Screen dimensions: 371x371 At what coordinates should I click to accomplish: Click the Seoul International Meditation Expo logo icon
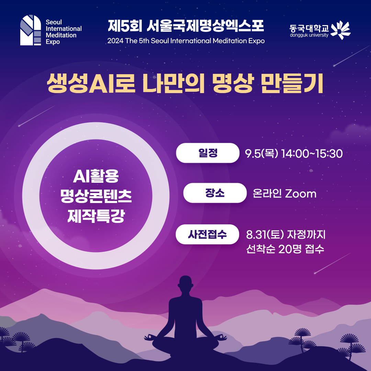[x=31, y=30]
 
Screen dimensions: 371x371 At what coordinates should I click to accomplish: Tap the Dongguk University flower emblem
[x=340, y=30]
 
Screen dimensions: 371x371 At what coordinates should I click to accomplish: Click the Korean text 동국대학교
[x=309, y=29]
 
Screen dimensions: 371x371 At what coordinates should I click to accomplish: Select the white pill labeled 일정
[x=207, y=153]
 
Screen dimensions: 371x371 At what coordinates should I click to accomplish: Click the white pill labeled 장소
[x=215, y=193]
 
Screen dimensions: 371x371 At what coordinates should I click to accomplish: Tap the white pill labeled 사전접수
[x=207, y=234]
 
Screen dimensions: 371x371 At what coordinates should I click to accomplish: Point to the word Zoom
[x=301, y=193]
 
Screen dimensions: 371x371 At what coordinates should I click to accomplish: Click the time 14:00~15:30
[x=312, y=154]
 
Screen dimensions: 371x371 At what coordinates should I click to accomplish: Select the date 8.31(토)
[x=265, y=235]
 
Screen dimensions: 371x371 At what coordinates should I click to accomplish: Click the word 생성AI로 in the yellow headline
[x=91, y=83]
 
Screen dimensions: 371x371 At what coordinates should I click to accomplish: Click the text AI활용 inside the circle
[x=96, y=176]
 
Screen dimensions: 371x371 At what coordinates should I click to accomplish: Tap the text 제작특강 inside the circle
[x=96, y=216]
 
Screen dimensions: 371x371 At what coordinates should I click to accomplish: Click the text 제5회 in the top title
[x=125, y=25]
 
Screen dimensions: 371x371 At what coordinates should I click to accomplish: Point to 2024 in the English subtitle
[x=115, y=41]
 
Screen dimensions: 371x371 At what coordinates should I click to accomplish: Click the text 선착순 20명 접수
[x=285, y=249]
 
